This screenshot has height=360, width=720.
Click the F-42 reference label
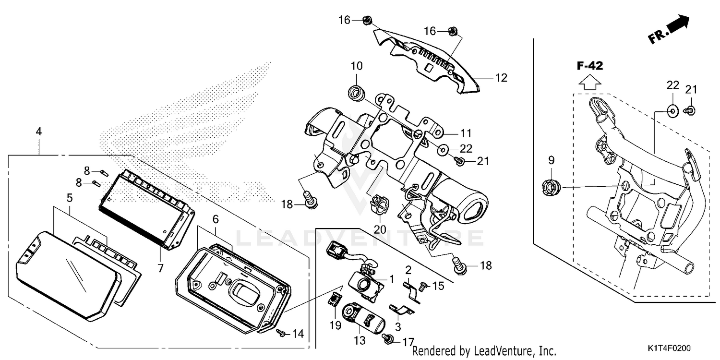tap(590, 66)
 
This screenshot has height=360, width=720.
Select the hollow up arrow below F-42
tap(590, 82)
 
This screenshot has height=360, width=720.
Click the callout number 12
tap(501, 78)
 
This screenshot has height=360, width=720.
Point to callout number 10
tap(357, 66)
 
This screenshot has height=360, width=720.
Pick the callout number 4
tap(38, 131)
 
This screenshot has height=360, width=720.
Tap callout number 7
tap(160, 268)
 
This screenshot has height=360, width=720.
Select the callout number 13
tap(360, 340)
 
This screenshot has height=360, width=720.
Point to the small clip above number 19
tap(334, 300)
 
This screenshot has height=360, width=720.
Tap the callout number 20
tap(380, 229)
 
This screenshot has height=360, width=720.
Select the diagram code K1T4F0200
tap(669, 348)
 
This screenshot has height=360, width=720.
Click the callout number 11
tap(466, 133)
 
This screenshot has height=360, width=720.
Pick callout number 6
tap(216, 219)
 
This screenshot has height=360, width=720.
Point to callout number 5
tap(70, 198)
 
